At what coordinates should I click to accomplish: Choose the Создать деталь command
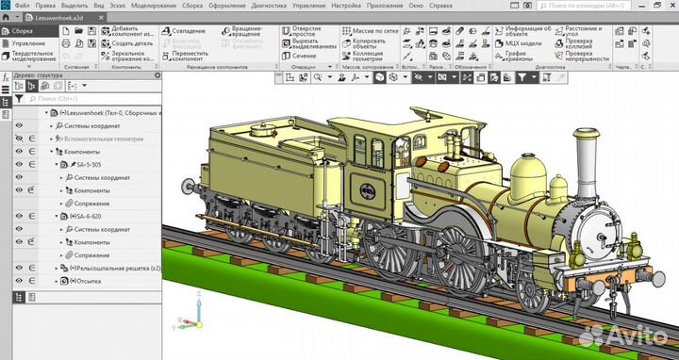[131, 42]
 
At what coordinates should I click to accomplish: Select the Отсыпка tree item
[85, 281]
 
